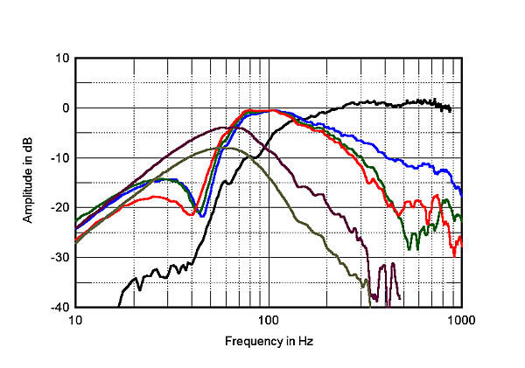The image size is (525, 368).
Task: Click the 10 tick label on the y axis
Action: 63,59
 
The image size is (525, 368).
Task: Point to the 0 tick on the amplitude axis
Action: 66,108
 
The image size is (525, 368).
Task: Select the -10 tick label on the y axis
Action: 61,158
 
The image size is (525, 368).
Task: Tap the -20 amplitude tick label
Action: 61,208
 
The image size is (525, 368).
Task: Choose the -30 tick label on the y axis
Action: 61,258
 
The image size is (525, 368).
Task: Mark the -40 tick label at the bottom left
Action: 61,308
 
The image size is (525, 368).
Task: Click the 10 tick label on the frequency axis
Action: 75,320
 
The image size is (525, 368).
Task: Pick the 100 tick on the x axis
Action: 269,320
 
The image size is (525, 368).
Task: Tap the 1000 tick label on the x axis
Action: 461,320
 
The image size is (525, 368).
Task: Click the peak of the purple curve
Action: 223,127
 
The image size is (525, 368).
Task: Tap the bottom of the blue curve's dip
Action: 202,215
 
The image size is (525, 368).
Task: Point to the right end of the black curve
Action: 450,110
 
